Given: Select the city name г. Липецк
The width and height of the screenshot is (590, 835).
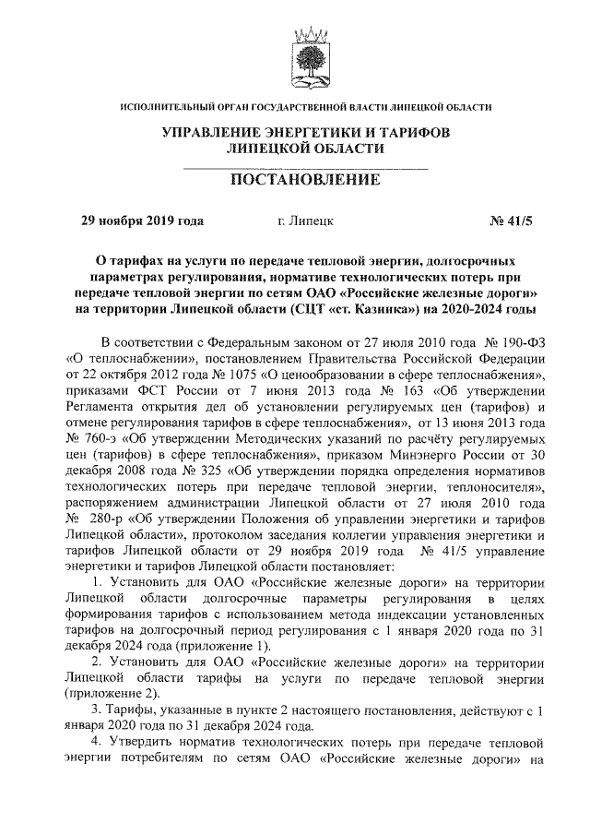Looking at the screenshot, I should [x=306, y=221].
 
